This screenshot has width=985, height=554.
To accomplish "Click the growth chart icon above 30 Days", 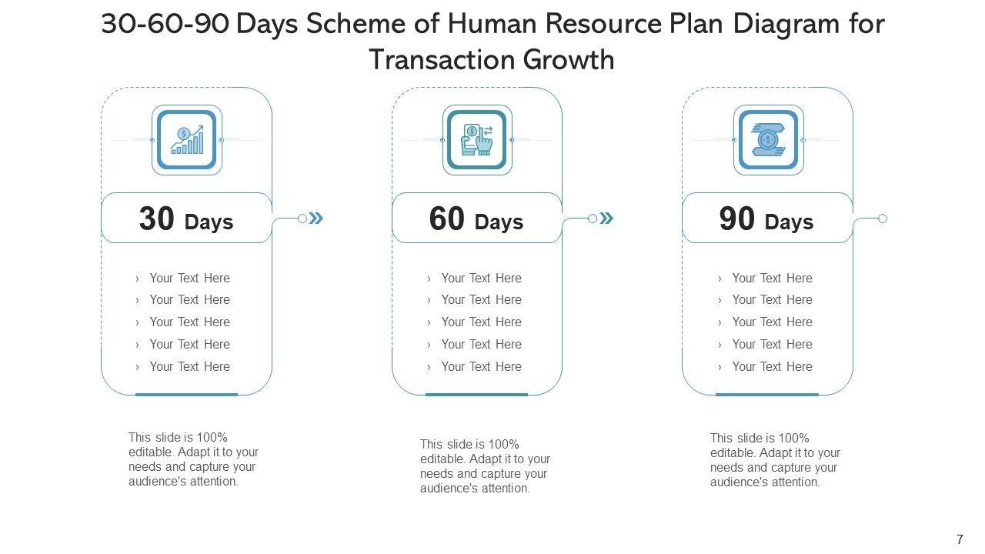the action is [187, 140].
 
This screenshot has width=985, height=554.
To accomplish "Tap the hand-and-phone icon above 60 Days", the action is [477, 140].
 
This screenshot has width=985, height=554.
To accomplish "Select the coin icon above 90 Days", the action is [768, 140].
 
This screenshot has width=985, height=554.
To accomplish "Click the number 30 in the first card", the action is [157, 219].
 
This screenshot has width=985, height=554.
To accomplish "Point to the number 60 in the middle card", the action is [447, 219].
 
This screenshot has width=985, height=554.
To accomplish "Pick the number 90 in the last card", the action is [737, 219].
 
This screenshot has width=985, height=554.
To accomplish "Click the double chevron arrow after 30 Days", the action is [316, 219].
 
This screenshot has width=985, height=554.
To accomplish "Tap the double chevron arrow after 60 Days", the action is [606, 219].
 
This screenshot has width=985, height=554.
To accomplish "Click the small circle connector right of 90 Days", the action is [883, 219].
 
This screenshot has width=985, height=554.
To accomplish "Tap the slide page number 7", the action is [960, 539].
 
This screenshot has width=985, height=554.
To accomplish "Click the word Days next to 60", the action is [499, 222].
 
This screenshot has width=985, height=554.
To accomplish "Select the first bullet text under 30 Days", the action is [189, 278].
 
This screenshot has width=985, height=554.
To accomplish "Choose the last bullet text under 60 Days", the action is [481, 366].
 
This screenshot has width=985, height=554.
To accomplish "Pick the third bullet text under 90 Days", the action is [772, 322].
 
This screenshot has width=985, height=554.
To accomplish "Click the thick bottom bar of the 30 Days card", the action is [186, 394].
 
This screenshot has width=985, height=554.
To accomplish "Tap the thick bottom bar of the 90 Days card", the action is [767, 394].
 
